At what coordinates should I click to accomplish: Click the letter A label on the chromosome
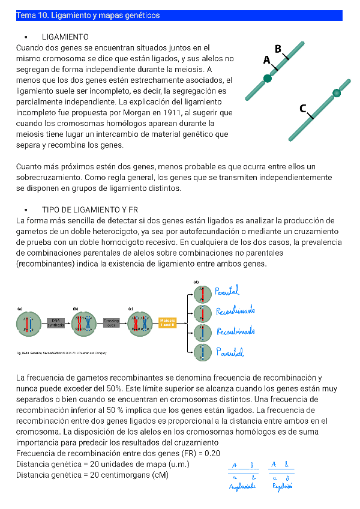(266, 59)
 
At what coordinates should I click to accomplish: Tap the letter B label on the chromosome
(278, 49)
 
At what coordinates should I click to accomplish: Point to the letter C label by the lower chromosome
(304, 109)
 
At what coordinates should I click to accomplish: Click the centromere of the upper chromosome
(268, 78)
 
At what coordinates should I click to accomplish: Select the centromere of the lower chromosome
(337, 93)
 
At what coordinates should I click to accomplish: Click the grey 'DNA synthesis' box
(55, 323)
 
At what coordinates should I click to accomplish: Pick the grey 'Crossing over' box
(112, 323)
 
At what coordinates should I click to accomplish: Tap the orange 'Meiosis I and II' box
(168, 323)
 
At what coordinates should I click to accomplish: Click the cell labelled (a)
(28, 324)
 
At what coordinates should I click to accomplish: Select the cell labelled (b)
(84, 324)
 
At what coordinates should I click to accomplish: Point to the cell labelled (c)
(139, 324)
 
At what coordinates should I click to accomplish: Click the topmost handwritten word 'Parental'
(227, 292)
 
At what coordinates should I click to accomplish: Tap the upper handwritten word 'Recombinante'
(235, 311)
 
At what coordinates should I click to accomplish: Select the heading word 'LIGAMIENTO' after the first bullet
(65, 37)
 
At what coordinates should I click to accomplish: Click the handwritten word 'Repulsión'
(283, 486)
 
